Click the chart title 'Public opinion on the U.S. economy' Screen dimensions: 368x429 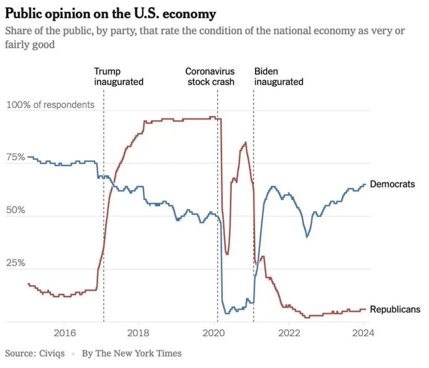(x=111, y=14)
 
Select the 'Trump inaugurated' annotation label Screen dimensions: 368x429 (x=118, y=77)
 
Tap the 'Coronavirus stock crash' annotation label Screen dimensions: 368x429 (x=210, y=77)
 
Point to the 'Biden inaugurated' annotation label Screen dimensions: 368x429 (x=278, y=77)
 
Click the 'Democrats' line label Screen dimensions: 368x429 (x=392, y=184)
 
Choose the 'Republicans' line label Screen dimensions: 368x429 (x=395, y=309)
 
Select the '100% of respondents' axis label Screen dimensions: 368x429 (x=50, y=105)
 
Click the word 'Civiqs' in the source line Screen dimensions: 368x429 (x=52, y=353)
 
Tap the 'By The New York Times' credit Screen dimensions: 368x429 (x=131, y=353)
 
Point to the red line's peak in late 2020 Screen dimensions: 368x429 (x=245, y=142)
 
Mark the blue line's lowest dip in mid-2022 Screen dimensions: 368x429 (x=307, y=237)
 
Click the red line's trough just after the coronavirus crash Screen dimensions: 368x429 (x=227, y=254)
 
